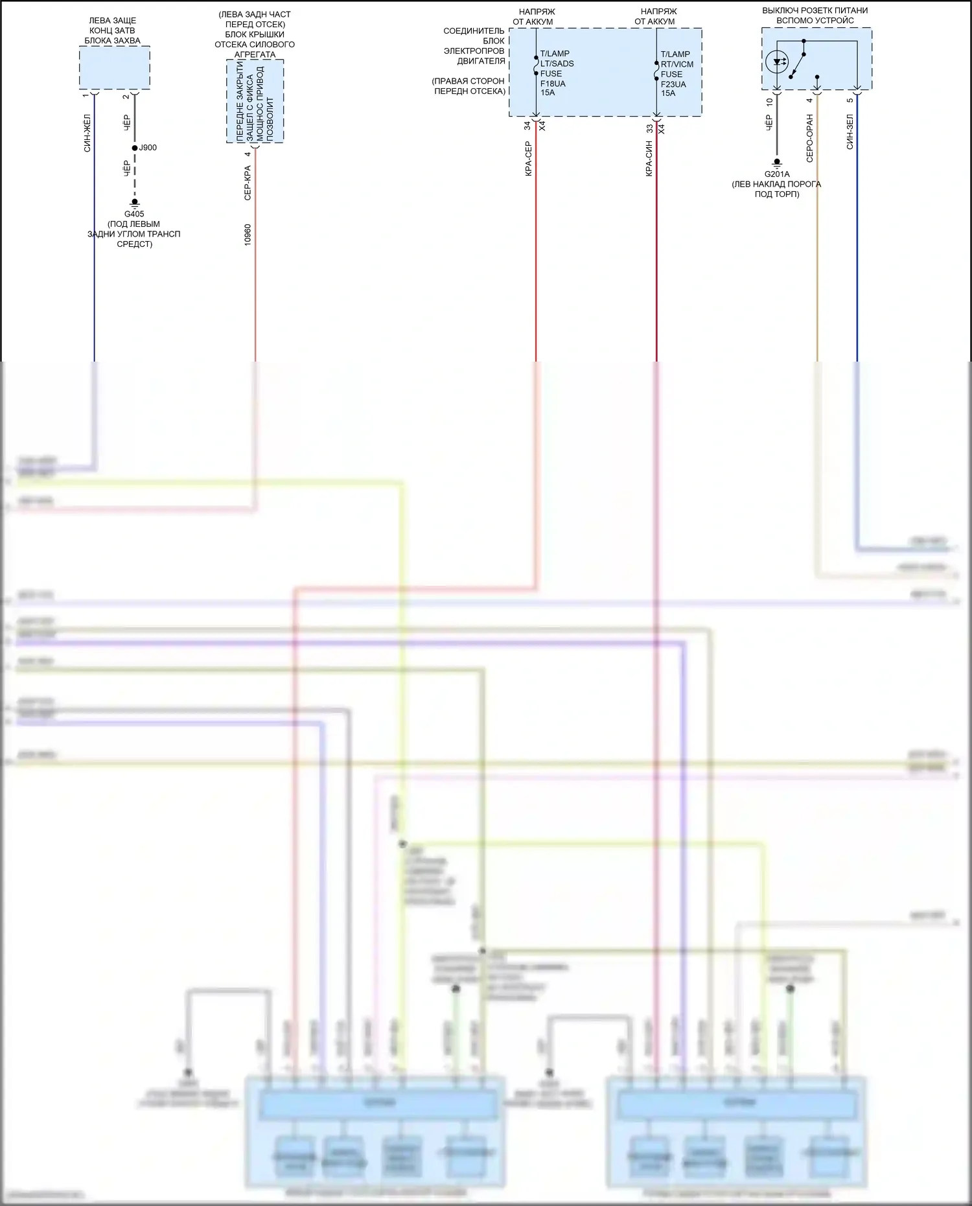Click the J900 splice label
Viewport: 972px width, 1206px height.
tap(148, 148)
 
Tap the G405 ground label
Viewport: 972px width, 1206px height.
tap(134, 214)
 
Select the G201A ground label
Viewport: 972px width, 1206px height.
tap(777, 174)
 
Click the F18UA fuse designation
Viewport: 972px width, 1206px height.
tap(553, 84)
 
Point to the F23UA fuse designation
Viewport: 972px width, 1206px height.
tap(673, 84)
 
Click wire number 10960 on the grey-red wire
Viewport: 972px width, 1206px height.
tap(248, 235)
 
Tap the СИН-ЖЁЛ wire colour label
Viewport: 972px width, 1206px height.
tap(87, 133)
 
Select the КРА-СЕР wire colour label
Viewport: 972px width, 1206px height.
tap(528, 159)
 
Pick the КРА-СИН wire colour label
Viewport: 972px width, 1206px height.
tap(649, 159)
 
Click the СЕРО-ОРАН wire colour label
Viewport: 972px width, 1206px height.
tap(809, 138)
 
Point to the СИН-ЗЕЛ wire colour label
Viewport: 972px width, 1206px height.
tap(850, 132)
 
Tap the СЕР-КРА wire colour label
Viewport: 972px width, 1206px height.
tap(248, 183)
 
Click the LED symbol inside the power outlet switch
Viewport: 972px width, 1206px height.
tap(777, 62)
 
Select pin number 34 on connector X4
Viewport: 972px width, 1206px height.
tap(527, 126)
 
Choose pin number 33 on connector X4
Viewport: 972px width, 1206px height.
tap(649, 128)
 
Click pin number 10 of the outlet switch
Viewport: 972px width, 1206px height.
tap(769, 102)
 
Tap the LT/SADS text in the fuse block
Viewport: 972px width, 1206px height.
tap(557, 64)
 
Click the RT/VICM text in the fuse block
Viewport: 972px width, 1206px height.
tap(677, 64)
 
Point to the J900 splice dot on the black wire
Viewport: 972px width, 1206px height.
tap(135, 148)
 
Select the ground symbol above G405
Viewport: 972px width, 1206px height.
tap(135, 203)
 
